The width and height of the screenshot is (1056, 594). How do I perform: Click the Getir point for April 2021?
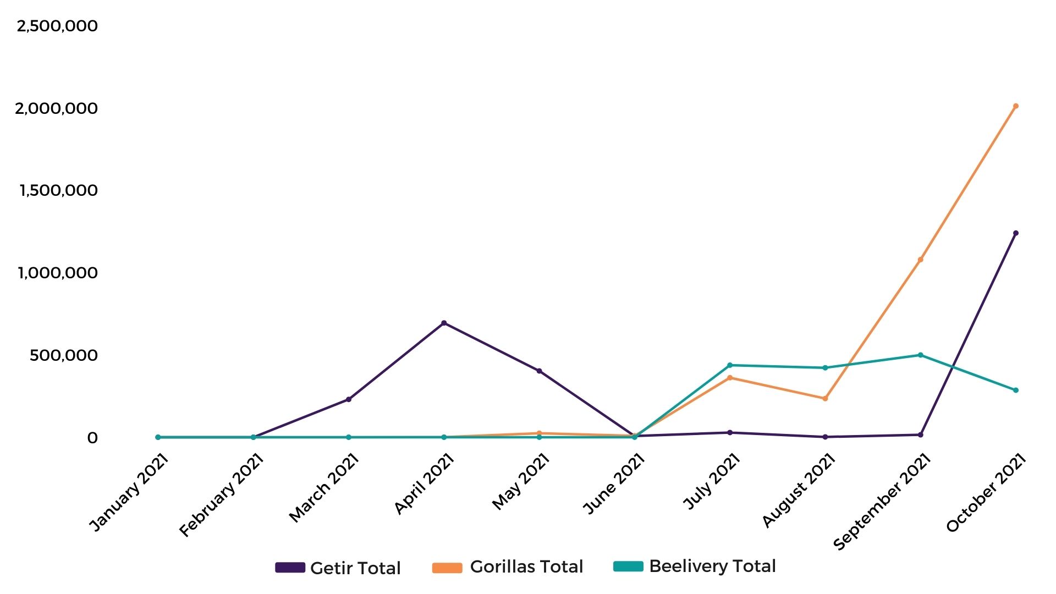point(444,323)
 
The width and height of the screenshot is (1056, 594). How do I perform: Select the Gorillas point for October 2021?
point(1016,106)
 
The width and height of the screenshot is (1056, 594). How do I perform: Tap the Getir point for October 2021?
point(1016,233)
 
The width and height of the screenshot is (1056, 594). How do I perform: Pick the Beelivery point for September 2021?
point(920,355)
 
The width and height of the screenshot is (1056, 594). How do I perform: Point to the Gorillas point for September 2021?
point(920,260)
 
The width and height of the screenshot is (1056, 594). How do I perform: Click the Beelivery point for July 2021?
point(730,365)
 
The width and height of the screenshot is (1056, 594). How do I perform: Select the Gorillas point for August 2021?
point(825,398)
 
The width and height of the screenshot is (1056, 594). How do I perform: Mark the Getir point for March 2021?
point(349,399)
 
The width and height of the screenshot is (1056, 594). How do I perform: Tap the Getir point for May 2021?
point(539,371)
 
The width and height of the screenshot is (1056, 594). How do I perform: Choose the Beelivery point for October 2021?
point(1016,390)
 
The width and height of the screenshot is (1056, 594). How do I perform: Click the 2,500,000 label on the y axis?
point(57,26)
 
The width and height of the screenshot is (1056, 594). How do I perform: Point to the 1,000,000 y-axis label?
point(58,273)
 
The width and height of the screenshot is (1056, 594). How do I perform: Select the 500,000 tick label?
point(64,355)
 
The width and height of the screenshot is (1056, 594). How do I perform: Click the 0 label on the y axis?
point(92,438)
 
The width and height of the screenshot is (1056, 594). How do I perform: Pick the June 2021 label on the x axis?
point(614,484)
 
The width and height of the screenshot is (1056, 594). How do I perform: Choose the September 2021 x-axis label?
point(882,502)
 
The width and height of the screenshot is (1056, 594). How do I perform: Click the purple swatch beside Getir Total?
point(290,568)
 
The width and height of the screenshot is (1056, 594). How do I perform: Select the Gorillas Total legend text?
point(526,566)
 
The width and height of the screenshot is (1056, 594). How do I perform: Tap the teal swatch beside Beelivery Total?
point(628,566)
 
